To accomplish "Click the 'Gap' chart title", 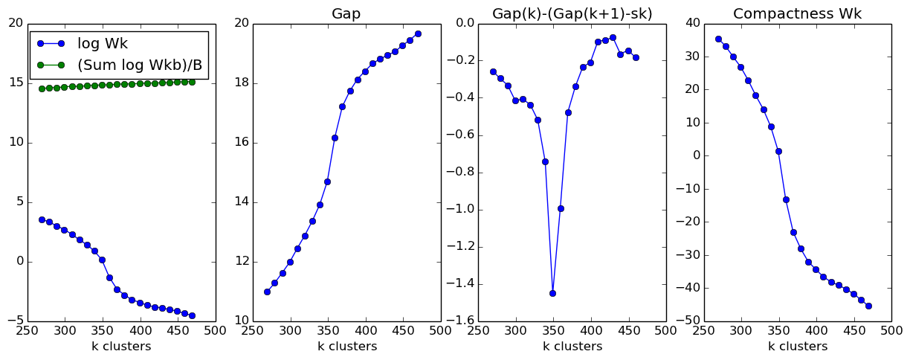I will pyautogui.click(x=346, y=13).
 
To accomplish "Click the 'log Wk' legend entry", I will pyautogui.click(x=104, y=43).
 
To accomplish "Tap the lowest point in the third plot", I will pyautogui.click(x=552, y=293).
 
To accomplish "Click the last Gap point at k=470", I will pyautogui.click(x=418, y=33).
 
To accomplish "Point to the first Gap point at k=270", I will pyautogui.click(x=267, y=292).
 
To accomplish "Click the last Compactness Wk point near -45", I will pyautogui.click(x=868, y=306).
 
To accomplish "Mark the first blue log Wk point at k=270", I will pyautogui.click(x=42, y=219).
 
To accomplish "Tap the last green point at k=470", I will pyautogui.click(x=192, y=82).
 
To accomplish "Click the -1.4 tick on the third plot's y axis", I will pyautogui.click(x=460, y=284).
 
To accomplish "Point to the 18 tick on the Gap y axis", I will pyautogui.click(x=239, y=83).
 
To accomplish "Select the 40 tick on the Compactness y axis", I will pyautogui.click(x=691, y=23).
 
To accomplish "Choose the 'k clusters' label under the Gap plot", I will pyautogui.click(x=346, y=347).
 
